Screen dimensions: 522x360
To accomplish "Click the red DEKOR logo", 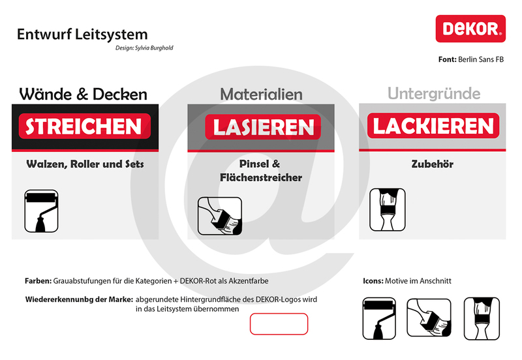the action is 470,29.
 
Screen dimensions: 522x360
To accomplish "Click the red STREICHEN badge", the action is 85,126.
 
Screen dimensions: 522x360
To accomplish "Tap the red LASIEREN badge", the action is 263,127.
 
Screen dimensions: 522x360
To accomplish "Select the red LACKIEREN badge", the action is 433,126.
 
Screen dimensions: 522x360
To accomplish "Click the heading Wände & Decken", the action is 84,94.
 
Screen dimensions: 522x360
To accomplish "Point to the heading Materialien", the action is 262,94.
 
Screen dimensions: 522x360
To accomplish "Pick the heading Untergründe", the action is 434,93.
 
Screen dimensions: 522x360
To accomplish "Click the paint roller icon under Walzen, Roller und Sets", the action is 41,211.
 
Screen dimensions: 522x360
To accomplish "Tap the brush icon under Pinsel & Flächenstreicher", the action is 220,216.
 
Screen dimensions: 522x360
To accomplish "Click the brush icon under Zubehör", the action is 388,209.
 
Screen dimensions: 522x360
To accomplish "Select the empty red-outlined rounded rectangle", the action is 279,323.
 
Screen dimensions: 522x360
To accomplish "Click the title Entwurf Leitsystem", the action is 82,35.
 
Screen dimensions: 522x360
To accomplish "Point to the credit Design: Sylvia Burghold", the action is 144,48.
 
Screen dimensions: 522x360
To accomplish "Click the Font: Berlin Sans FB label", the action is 470,59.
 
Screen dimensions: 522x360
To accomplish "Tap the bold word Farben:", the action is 38,281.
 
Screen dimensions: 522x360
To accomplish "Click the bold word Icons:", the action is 373,281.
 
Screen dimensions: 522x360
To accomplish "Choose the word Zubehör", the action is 433,164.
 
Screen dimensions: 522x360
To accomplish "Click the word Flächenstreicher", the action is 261,177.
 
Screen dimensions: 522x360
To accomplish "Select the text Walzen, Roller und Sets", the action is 85,164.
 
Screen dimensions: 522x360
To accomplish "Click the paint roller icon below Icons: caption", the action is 379,318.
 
